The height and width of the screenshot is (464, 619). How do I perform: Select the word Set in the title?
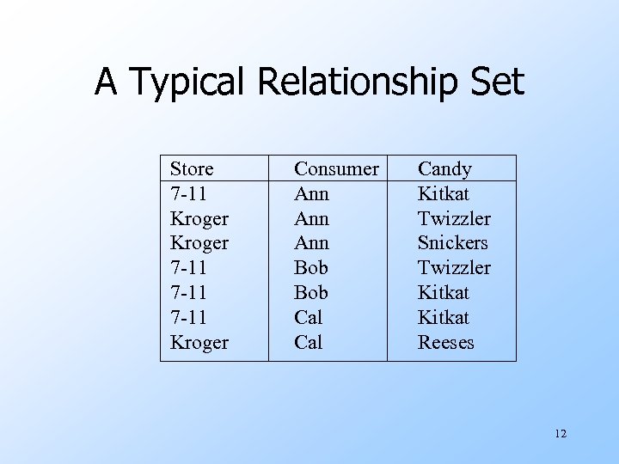(496, 83)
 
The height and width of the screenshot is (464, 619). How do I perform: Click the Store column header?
(192, 169)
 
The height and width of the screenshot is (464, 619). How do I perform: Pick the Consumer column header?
(336, 169)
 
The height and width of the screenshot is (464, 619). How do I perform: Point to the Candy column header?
(444, 169)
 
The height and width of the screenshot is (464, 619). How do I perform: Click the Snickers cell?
(452, 243)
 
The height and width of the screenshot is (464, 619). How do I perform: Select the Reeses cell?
(445, 343)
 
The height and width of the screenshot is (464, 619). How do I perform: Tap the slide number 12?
(561, 434)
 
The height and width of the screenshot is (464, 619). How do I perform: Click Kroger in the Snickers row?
(199, 243)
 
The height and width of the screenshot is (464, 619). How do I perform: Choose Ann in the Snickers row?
(311, 243)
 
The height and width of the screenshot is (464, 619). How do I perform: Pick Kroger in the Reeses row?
(199, 343)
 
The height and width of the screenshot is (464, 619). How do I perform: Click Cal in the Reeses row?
(308, 343)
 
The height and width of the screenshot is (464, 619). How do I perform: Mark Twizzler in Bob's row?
(454, 268)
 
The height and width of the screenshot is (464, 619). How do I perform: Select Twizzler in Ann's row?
(454, 218)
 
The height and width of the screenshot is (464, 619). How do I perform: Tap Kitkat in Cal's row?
(444, 318)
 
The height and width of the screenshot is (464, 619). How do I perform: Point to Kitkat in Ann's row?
(444, 194)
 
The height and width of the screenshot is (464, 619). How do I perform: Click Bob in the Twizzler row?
(310, 268)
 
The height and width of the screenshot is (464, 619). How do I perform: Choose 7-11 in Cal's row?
(188, 318)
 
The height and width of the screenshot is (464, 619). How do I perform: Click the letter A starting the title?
(105, 83)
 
